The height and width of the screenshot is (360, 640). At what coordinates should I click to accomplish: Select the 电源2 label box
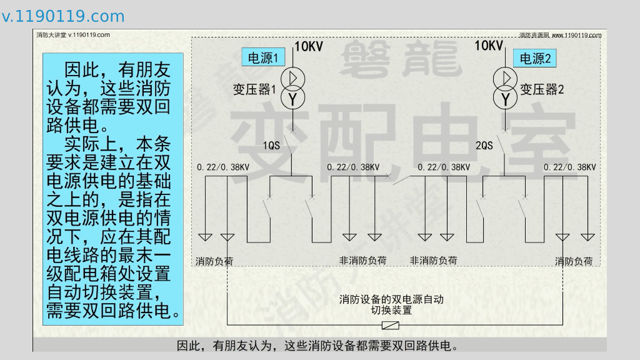(x=536, y=59)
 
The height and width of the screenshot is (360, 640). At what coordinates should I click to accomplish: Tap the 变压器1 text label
(x=254, y=90)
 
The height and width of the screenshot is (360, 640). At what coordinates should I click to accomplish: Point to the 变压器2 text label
(x=542, y=90)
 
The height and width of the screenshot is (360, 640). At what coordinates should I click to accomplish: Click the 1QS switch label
(x=271, y=146)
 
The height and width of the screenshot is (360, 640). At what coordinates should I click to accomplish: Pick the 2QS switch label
(x=484, y=146)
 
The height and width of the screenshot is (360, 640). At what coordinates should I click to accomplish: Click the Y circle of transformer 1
(x=292, y=97)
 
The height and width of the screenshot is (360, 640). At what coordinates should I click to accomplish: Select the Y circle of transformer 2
(x=506, y=98)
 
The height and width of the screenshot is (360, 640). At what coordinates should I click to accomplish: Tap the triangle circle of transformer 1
(x=292, y=77)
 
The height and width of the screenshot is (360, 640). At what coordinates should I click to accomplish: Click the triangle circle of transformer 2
(x=506, y=78)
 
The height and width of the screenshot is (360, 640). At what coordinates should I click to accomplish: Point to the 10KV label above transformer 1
(x=308, y=46)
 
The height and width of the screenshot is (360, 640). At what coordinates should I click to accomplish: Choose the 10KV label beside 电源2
(x=489, y=46)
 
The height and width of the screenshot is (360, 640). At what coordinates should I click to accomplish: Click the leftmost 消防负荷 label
(x=214, y=261)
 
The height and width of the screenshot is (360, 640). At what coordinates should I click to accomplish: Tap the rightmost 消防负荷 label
(x=574, y=261)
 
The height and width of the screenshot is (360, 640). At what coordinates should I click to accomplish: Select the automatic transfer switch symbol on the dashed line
(x=391, y=325)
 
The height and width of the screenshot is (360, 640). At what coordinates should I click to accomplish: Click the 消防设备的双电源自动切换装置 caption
(x=391, y=304)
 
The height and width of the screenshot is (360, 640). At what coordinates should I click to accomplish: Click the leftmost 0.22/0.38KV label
(x=223, y=167)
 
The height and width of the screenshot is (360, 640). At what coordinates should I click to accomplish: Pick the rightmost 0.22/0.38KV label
(x=569, y=167)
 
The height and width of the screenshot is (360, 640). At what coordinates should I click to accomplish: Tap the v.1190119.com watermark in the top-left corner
(x=63, y=16)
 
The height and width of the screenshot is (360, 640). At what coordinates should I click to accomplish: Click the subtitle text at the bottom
(x=318, y=346)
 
